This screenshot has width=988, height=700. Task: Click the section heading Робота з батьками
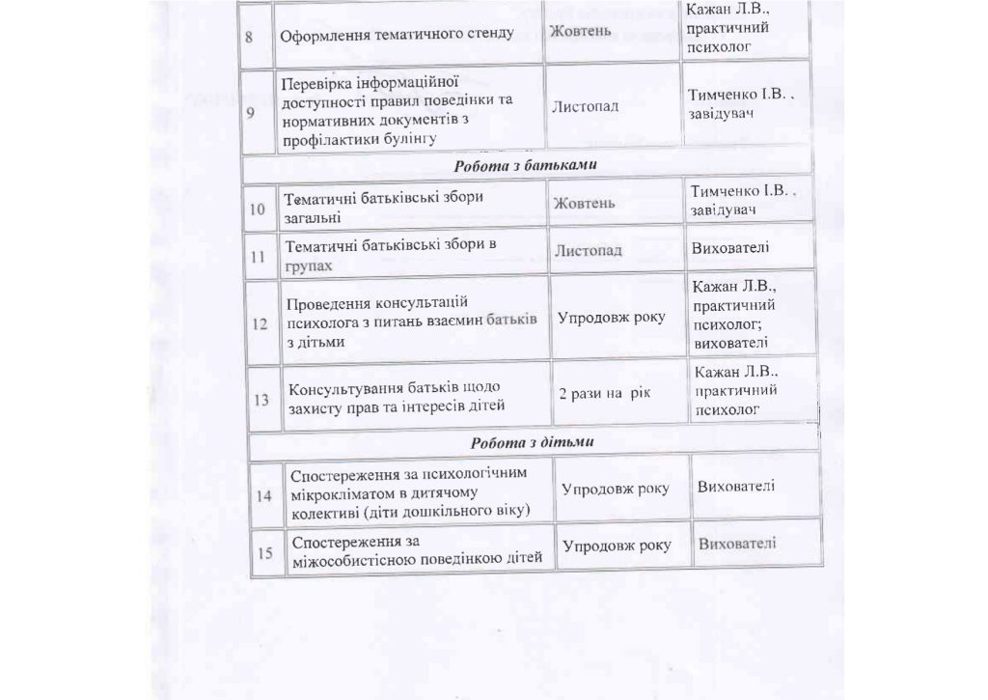pos(525,164)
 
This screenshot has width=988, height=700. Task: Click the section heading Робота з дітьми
pos(532,443)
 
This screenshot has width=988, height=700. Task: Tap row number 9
pos(252,111)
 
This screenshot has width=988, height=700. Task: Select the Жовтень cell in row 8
pos(580,32)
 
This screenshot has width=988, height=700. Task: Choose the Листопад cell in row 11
pos(588,251)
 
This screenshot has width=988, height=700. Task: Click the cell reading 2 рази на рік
pos(605,394)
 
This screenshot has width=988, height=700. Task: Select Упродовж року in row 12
pos(612,317)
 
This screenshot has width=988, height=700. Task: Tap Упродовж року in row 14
pos(616,489)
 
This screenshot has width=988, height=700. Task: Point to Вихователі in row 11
pos(730,249)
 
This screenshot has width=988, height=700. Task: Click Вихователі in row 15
pos(737,544)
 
